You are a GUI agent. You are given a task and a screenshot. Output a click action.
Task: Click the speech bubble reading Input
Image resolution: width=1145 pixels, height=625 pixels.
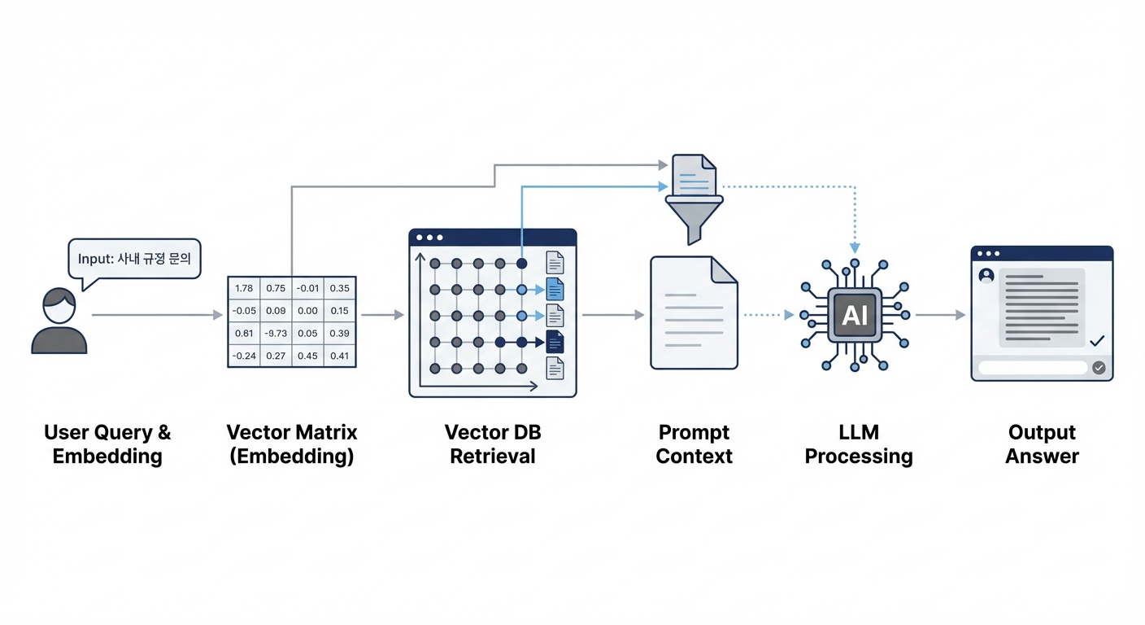(x=134, y=260)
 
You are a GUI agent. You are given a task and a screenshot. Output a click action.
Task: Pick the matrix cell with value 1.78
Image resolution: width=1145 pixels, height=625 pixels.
(x=243, y=289)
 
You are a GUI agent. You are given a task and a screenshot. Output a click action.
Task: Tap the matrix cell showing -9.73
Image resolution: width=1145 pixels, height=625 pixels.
(x=276, y=333)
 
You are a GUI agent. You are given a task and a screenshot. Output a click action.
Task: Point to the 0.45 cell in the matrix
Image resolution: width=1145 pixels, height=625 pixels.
(x=307, y=355)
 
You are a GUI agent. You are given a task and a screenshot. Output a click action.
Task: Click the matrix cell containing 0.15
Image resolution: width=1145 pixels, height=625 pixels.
(x=340, y=311)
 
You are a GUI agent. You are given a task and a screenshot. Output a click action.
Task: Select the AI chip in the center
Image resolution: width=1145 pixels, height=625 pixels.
(x=855, y=314)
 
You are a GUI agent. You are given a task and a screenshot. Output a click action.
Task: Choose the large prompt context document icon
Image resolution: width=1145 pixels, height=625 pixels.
(x=694, y=312)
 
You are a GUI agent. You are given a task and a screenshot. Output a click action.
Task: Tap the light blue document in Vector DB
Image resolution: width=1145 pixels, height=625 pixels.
(x=555, y=289)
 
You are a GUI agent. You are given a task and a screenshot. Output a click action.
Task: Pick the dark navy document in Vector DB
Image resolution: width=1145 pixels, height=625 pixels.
(x=555, y=342)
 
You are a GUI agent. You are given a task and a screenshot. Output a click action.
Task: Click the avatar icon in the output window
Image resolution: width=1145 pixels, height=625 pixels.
(x=987, y=275)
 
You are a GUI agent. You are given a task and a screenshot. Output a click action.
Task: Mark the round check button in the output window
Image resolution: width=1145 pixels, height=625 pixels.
(x=1099, y=368)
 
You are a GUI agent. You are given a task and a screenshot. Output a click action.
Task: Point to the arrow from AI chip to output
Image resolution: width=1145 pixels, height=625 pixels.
(x=940, y=314)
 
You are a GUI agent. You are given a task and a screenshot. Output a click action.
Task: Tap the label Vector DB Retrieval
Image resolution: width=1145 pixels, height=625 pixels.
(x=493, y=444)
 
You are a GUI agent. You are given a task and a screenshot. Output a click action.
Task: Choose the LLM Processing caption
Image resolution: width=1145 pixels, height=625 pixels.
(x=859, y=444)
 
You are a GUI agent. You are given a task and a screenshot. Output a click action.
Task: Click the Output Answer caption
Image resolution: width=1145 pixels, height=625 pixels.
(x=1042, y=444)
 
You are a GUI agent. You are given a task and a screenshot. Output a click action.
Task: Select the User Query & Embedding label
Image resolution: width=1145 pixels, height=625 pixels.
(x=107, y=444)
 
